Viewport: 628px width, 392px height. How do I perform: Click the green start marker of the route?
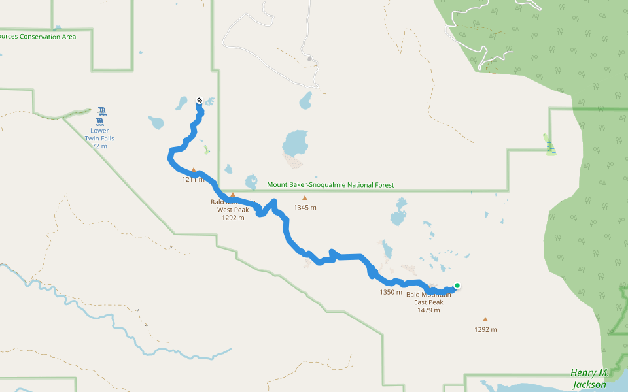[x=457, y=285]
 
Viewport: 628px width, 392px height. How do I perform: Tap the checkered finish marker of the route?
[x=199, y=101]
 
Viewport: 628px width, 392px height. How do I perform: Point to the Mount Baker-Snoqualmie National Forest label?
[x=330, y=185]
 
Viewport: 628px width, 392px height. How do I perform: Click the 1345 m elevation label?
[x=305, y=208]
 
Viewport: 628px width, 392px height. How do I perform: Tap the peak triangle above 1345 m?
[x=304, y=198]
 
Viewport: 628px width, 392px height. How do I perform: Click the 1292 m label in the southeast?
[x=485, y=329]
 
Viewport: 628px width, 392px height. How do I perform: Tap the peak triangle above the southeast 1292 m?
[x=485, y=319]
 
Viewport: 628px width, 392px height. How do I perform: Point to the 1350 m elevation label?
[x=391, y=292]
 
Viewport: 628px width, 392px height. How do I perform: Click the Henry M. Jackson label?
[x=589, y=378]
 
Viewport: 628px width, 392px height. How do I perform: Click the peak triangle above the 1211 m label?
[x=194, y=170]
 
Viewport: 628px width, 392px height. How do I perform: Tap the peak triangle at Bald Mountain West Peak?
[x=232, y=195]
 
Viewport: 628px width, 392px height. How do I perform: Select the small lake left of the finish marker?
[x=181, y=103]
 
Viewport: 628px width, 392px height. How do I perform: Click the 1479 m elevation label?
[x=428, y=310]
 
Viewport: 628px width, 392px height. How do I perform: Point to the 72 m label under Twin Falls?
[x=99, y=146]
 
